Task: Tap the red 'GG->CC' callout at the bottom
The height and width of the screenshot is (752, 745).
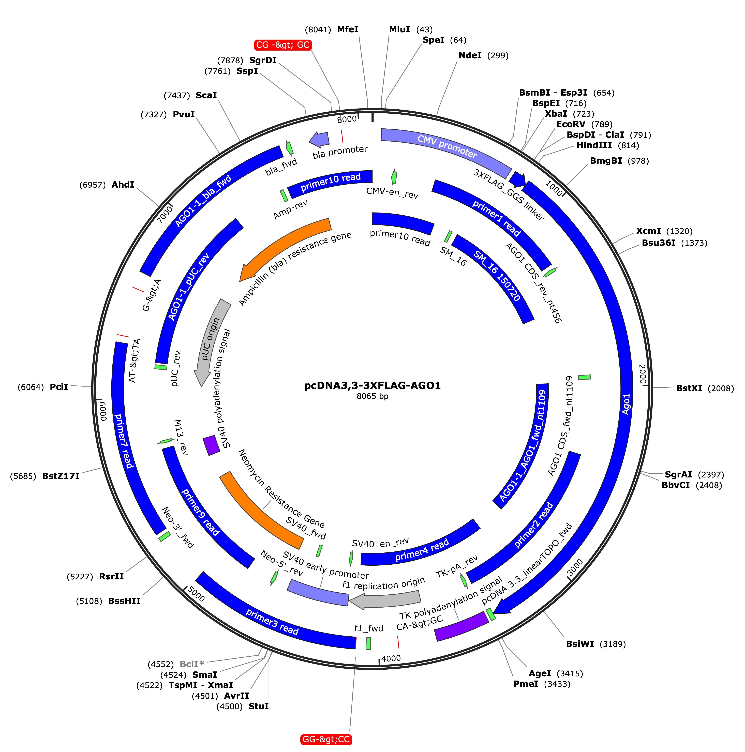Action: coord(326,739)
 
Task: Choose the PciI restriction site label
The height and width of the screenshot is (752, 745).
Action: coord(59,387)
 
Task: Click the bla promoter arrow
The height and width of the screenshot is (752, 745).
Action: coord(319,139)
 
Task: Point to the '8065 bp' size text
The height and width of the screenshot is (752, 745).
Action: coord(372,396)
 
